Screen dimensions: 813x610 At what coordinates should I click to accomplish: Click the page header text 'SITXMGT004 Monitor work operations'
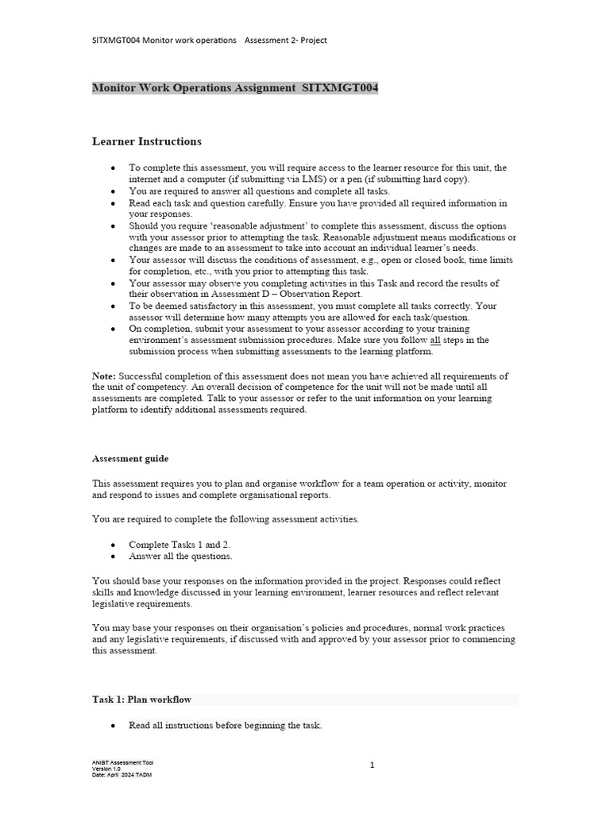(164, 40)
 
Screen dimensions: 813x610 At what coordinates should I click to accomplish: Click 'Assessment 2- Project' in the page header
(285, 40)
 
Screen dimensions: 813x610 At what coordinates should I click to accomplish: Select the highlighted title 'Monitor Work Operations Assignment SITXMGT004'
(235, 87)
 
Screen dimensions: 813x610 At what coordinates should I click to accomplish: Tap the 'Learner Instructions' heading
(147, 141)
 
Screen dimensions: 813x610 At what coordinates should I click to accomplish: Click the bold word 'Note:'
(104, 376)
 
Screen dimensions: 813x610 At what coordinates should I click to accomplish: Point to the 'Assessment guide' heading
(130, 459)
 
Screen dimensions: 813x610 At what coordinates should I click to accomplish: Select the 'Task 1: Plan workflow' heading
(141, 699)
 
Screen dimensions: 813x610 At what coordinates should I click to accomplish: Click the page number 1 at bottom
(372, 765)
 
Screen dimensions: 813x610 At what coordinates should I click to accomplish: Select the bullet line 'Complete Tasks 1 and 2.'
(180, 545)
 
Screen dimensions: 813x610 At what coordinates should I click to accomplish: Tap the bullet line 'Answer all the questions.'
(180, 556)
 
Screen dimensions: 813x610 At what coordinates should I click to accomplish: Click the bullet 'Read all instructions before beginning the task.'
(225, 726)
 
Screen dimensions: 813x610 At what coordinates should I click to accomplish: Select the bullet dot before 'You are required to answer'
(114, 191)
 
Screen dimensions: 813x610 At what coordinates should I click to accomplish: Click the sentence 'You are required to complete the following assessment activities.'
(226, 519)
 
